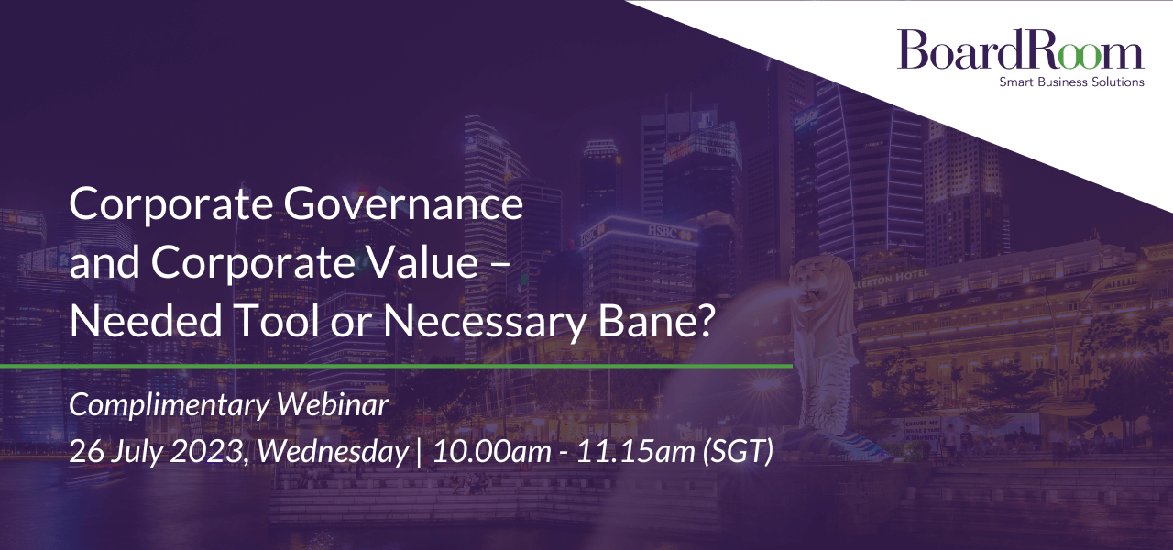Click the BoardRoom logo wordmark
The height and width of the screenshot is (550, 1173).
1020,49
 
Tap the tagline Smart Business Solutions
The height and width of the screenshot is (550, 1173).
1071,82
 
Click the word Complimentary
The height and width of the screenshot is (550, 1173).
169,406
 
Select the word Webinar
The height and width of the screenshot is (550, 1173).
333,404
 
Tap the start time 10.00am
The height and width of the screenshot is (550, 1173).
492,452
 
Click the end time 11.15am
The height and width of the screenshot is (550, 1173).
635,452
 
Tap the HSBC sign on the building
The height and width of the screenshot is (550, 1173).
663,231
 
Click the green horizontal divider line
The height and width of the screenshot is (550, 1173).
397,366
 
